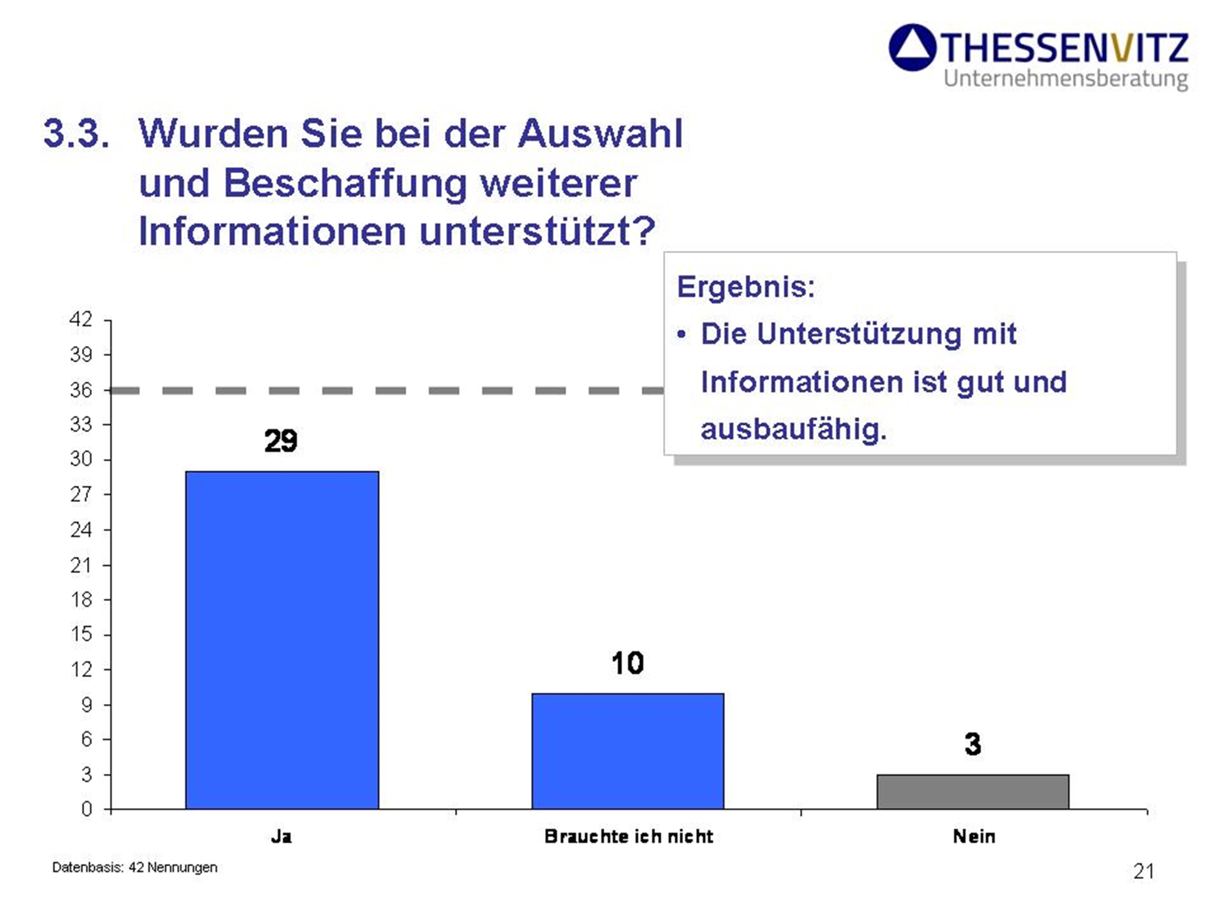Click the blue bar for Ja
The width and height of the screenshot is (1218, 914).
[x=282, y=640]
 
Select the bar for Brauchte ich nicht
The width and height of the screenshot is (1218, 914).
[x=627, y=751]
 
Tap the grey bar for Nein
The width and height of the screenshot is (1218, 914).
[x=972, y=791]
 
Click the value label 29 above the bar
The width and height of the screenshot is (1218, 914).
[x=280, y=440]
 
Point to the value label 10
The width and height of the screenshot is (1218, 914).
[x=627, y=663]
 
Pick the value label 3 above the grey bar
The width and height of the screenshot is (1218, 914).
[x=972, y=744]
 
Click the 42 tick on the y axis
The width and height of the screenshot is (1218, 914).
[x=81, y=319]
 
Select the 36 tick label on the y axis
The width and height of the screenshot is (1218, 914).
[x=81, y=390]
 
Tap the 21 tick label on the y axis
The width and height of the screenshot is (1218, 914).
[x=81, y=565]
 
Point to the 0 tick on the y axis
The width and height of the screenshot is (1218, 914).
[x=86, y=809]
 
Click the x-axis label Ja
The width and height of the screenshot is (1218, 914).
[x=281, y=837]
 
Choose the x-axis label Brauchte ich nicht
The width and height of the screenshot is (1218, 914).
[x=629, y=837]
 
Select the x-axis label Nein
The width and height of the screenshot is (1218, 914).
[x=974, y=837]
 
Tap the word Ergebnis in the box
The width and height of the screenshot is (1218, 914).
[x=745, y=287]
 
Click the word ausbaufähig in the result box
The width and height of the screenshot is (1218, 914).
[x=793, y=429]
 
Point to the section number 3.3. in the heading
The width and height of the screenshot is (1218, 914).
[x=76, y=133]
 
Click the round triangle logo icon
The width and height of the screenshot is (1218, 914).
[x=912, y=48]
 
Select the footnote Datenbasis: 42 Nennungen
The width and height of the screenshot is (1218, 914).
[x=134, y=867]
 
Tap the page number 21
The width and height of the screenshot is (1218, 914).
[x=1143, y=871]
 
